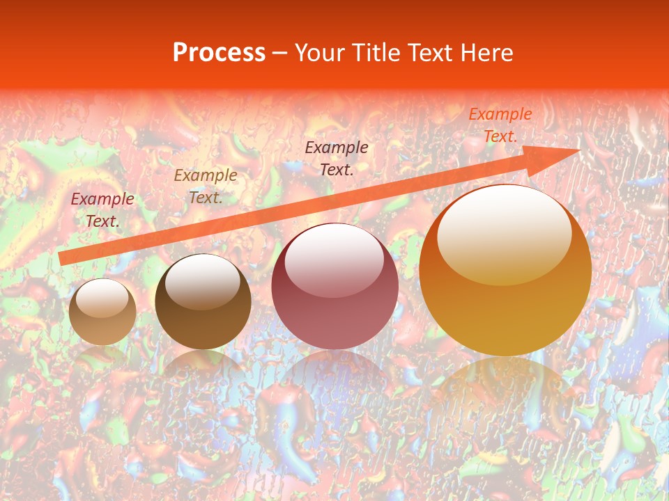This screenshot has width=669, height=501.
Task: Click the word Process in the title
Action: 219,53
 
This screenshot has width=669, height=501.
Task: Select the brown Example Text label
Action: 206,186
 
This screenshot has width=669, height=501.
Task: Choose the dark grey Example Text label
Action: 337,158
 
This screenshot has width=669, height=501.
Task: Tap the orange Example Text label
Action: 500,125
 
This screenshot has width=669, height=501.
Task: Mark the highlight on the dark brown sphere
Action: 203,281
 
